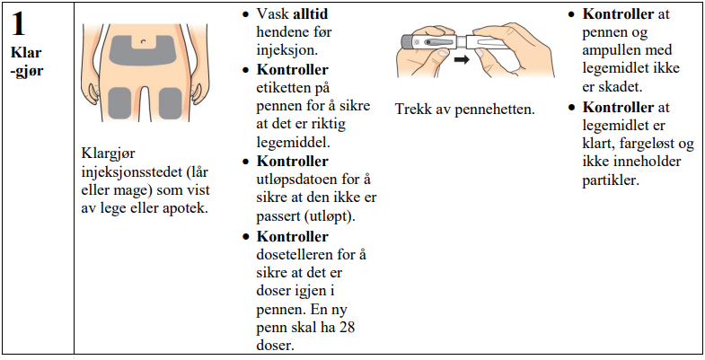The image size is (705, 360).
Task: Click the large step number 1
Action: point(19,24)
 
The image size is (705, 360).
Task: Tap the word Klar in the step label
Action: point(27,53)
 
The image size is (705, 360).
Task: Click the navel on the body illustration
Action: point(144,41)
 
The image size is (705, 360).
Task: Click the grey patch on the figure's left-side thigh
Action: point(120,103)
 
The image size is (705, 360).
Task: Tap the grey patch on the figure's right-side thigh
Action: point(171,103)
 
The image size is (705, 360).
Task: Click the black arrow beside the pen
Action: point(462,59)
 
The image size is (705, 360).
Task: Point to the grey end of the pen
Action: point(407,42)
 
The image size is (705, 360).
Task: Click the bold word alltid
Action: point(311,14)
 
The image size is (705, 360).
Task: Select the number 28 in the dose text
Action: point(346,327)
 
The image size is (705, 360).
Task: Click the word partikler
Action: point(610,180)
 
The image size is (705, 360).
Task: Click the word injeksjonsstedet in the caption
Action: point(131,172)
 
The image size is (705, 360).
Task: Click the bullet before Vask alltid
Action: point(245,14)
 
